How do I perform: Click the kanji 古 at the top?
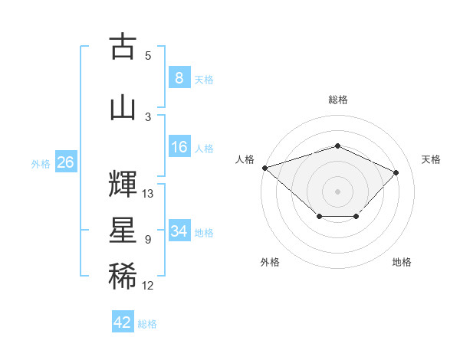coord(123,45)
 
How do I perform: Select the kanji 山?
coord(123,109)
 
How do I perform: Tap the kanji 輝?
coord(123,184)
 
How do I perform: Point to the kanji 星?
coord(123,230)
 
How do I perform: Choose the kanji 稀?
coord(123,276)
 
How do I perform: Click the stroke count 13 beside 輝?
coord(147,194)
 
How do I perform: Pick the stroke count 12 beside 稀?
coord(147,286)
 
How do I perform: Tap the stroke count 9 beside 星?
coord(148,240)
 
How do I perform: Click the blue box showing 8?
coord(179,77)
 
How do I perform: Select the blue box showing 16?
coord(179,146)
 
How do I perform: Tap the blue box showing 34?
coord(179,230)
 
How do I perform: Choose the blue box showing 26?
coord(66,162)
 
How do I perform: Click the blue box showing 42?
coord(123,321)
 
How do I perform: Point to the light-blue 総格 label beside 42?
coord(147,324)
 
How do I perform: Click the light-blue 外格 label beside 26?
coord(41,164)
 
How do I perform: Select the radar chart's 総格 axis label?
coord(338,100)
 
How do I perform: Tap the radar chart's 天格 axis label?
coord(431,159)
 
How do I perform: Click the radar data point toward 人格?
coord(265,168)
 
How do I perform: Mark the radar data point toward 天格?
coord(396,172)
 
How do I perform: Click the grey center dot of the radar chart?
coord(337,191)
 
